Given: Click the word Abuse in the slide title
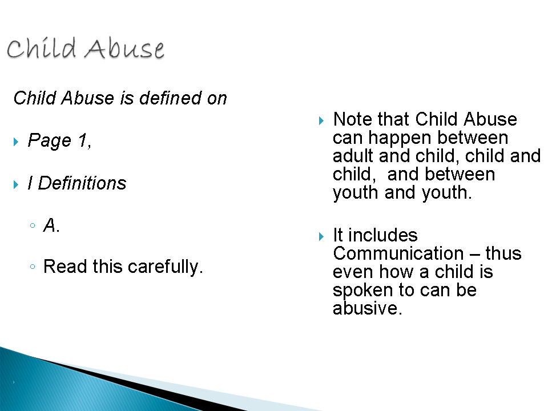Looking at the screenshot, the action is pyautogui.click(x=124, y=49).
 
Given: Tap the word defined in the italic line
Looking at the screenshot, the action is pyautogui.click(x=171, y=98).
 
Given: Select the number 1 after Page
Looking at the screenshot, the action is pyautogui.click(x=83, y=140).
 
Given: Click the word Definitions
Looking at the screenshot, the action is pyautogui.click(x=82, y=183).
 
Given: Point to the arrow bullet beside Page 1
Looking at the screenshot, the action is pyautogui.click(x=16, y=142).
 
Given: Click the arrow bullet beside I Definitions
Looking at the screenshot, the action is pyautogui.click(x=16, y=184).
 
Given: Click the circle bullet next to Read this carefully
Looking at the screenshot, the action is pyautogui.click(x=33, y=267).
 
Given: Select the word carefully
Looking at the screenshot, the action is pyautogui.click(x=165, y=267).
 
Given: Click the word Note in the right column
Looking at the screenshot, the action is pyautogui.click(x=352, y=119).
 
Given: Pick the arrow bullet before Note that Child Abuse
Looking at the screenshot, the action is pyautogui.click(x=321, y=121).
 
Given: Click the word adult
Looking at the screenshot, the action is pyautogui.click(x=353, y=156).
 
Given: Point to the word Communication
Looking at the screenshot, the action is pyautogui.click(x=398, y=253).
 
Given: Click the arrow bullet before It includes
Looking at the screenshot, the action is pyautogui.click(x=321, y=236).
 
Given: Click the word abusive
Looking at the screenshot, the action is pyautogui.click(x=367, y=308).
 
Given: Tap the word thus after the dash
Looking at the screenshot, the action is pyautogui.click(x=503, y=253).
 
